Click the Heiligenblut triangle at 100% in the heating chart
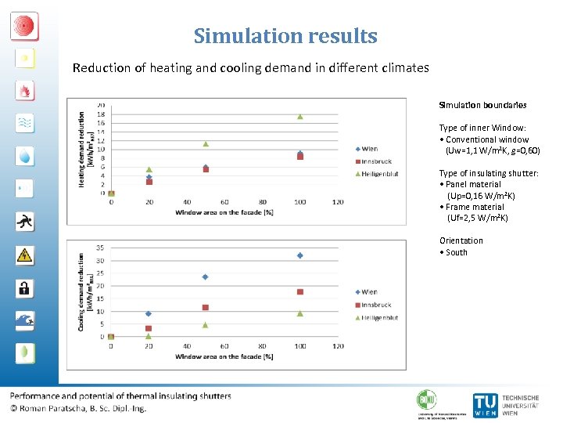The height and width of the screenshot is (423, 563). (x=299, y=116)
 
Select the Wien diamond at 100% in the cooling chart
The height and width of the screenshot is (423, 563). (x=299, y=255)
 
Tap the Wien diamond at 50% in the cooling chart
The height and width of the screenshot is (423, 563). (x=206, y=277)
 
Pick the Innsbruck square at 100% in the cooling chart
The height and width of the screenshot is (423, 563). (x=299, y=291)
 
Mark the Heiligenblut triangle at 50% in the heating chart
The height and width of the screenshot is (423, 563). (x=206, y=143)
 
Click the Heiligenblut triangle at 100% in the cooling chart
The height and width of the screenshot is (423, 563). (x=299, y=313)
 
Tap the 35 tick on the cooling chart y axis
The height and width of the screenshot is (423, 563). (x=100, y=248)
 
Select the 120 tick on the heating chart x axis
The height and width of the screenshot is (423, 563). (x=338, y=202)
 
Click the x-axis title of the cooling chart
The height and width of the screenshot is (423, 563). (x=224, y=356)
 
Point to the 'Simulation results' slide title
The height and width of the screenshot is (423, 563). (x=285, y=36)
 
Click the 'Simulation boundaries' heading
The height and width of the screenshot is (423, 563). (x=482, y=105)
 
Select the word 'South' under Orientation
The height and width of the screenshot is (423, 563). (x=457, y=252)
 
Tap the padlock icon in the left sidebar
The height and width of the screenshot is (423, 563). (x=24, y=287)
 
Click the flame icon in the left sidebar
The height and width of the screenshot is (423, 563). (x=24, y=91)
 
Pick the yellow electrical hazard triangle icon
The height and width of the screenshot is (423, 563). (x=24, y=255)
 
